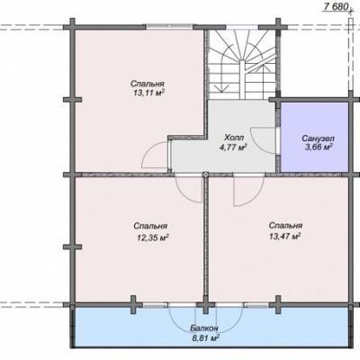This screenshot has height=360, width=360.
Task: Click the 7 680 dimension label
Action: pos(336,6)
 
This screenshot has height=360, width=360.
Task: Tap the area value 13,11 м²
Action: pos(148,93)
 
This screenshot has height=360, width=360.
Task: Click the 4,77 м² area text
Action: pos(233,147)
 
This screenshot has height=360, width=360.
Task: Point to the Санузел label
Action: pos(318,139)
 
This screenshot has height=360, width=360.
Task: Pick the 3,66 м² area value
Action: pos(319,148)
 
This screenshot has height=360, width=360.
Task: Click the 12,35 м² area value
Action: pos(152,238)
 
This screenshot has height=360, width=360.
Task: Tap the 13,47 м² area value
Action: pos(285,237)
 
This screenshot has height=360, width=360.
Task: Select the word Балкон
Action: pos(204,328)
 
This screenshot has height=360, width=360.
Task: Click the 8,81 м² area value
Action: pos(205,338)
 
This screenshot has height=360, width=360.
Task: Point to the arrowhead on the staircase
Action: pos(223,88)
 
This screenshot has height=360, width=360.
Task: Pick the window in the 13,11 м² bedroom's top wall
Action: pos(170,27)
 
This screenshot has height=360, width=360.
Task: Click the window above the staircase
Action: pos(242,27)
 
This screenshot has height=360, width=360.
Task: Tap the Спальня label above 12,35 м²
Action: pos(150,226)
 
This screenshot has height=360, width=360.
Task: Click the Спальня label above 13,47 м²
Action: pos(285,226)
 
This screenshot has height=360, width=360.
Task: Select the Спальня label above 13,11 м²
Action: pos(148,84)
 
